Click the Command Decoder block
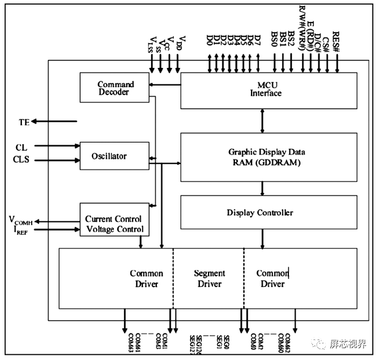click(115, 88)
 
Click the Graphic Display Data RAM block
click(262, 157)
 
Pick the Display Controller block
click(262, 213)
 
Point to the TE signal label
click(24, 122)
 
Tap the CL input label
click(22, 147)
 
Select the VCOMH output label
click(20, 220)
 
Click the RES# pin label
click(337, 39)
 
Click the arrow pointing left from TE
click(55, 121)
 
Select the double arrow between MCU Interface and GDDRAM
click(263, 120)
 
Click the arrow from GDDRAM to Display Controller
click(263, 189)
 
